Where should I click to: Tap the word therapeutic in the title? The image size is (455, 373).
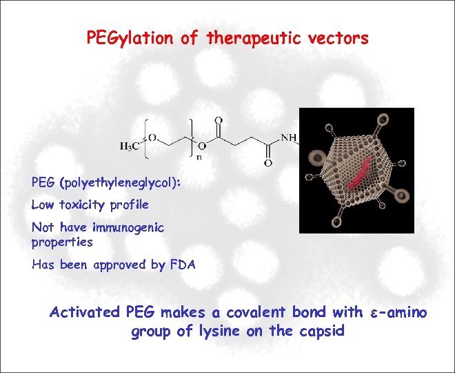[251, 39]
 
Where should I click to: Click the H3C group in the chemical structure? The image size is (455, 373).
[129, 146]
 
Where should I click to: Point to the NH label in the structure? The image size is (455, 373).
[289, 137]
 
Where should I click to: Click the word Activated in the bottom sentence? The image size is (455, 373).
[84, 313]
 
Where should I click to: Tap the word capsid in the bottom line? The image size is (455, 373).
[321, 332]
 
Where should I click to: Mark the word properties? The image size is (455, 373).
[62, 242]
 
